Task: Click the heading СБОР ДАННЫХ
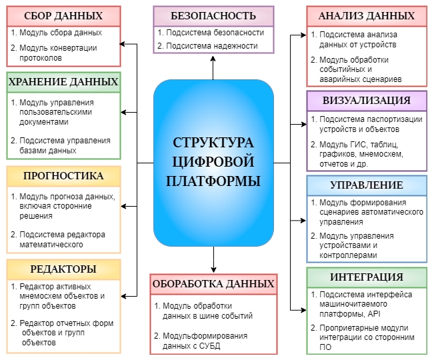click(x=63, y=16)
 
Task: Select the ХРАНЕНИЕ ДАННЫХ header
click(x=63, y=82)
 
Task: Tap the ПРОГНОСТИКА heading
click(x=63, y=176)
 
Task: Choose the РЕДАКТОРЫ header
click(x=63, y=269)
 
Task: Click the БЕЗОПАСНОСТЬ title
click(x=213, y=16)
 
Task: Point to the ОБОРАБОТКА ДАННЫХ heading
click(x=213, y=284)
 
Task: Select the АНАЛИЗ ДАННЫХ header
click(x=367, y=16)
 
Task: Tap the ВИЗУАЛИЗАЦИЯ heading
click(x=367, y=101)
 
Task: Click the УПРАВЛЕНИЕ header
click(x=367, y=185)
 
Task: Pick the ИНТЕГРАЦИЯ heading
click(x=367, y=277)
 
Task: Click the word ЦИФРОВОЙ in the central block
click(x=213, y=163)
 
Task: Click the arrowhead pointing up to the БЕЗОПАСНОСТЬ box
click(x=213, y=59)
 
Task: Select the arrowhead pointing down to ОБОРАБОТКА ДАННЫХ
click(x=213, y=270)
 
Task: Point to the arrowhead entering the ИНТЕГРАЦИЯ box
click(x=303, y=310)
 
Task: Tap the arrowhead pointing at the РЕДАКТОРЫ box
click(x=124, y=297)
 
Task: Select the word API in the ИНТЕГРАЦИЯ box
click(x=374, y=314)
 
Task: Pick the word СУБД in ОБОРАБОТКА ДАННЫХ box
click(x=209, y=346)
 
